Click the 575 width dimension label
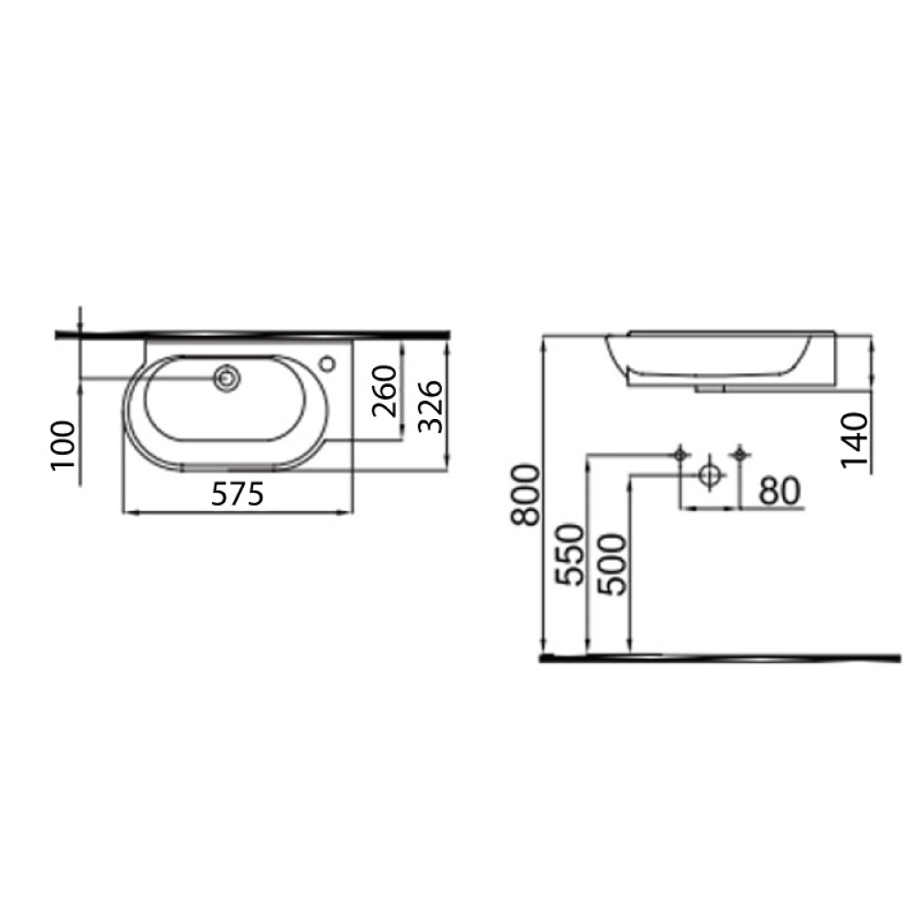[238, 494]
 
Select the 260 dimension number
[385, 391]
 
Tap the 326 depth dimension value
[430, 406]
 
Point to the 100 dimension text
[64, 445]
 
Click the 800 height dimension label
[525, 495]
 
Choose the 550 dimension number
[570, 554]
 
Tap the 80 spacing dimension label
[780, 491]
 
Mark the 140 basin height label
[855, 440]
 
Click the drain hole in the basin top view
[227, 378]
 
